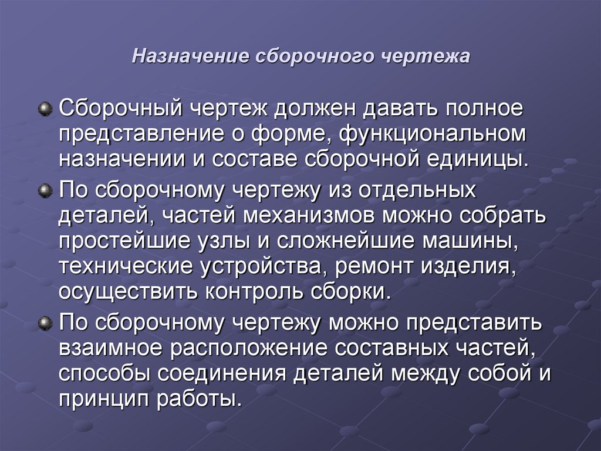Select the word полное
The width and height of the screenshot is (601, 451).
click(492, 109)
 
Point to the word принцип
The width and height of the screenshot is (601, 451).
click(104, 399)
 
